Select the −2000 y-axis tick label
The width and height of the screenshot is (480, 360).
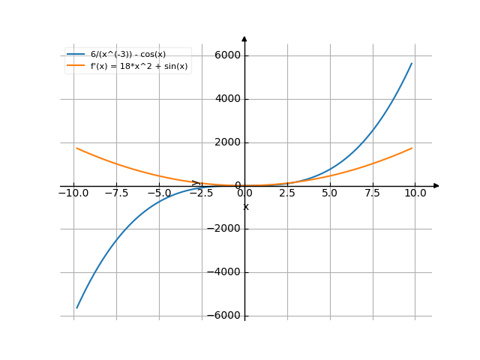223,229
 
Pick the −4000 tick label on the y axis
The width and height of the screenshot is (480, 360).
223,273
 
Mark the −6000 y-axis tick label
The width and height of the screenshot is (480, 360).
223,316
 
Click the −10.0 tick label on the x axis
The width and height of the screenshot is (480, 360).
73,193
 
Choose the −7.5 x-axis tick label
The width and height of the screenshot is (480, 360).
116,193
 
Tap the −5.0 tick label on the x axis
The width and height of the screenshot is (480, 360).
159,193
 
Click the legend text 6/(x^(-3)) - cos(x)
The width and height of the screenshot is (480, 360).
128,55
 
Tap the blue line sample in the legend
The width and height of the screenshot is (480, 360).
76,55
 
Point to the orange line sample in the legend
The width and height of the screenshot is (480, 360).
76,66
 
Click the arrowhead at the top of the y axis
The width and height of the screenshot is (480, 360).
244,37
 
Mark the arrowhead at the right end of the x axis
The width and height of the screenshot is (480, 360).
436,185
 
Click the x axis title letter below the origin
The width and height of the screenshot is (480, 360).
245,207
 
